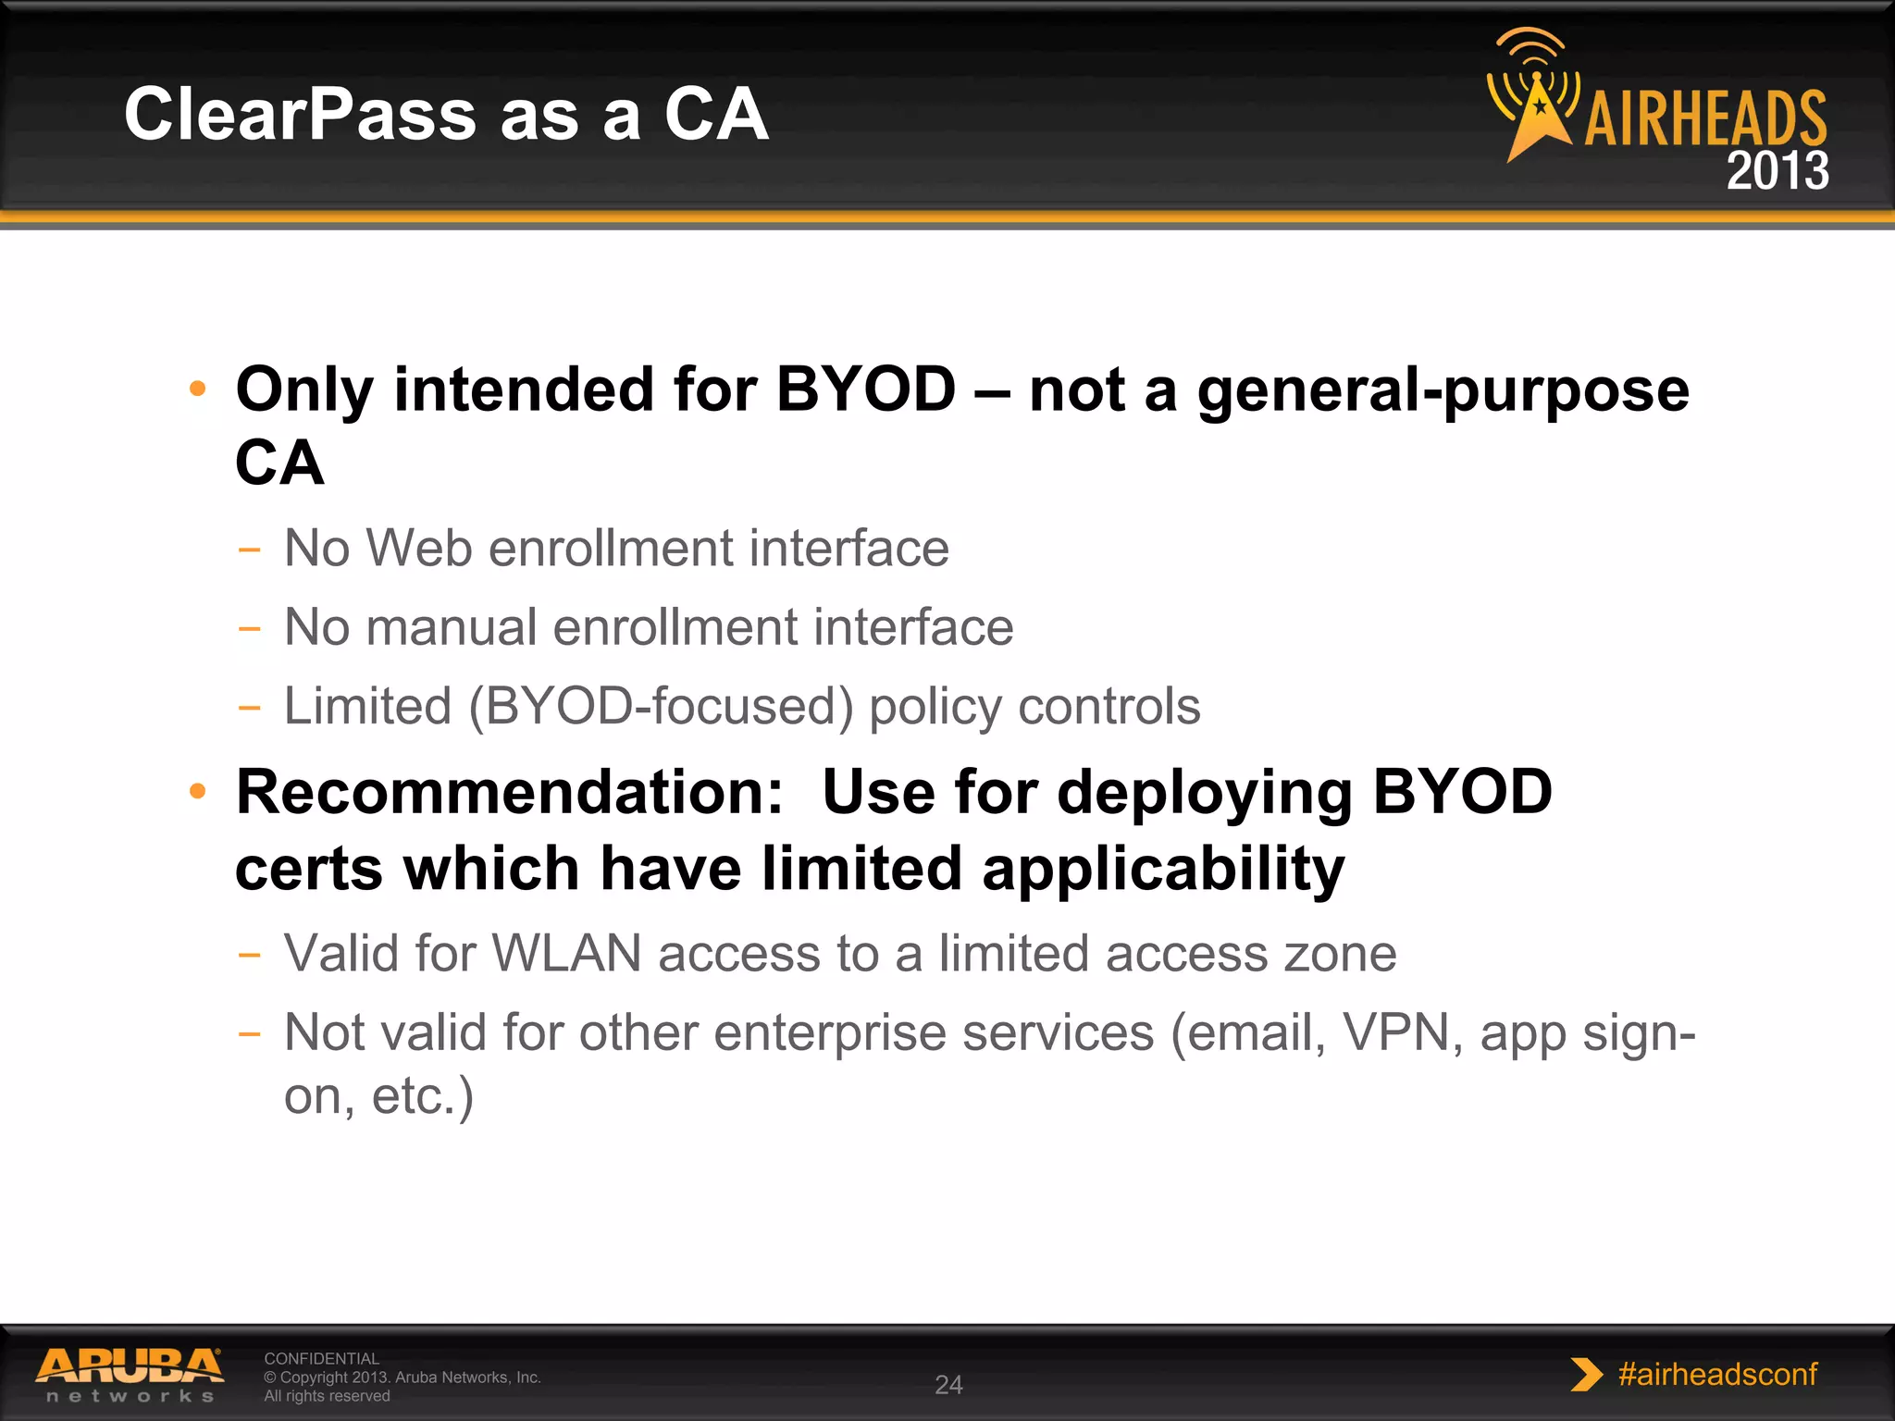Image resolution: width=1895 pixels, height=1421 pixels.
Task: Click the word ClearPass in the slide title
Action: (300, 115)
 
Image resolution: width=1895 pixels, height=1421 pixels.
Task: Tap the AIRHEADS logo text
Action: (1705, 118)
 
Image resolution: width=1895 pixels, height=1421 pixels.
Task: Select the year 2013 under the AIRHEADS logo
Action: (1777, 171)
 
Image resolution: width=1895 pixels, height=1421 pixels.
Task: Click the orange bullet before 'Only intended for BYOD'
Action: (197, 389)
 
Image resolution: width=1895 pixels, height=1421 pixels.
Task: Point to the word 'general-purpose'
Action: (1443, 390)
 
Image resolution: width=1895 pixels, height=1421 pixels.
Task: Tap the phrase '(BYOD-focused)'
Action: (661, 707)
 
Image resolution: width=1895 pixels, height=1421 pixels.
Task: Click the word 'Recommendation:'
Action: (510, 793)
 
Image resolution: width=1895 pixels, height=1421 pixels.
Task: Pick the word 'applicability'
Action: (1163, 870)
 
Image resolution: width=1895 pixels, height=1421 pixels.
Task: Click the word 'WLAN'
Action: (566, 953)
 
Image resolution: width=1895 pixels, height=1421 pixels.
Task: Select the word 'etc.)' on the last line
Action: (423, 1096)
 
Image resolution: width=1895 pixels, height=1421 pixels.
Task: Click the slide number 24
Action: (948, 1385)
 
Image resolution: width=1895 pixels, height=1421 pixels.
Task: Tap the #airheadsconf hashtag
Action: (1717, 1374)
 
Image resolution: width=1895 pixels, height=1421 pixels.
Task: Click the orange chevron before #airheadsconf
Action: (1586, 1375)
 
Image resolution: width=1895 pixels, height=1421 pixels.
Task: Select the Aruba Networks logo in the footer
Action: (130, 1375)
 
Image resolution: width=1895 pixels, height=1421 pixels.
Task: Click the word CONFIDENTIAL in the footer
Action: (321, 1358)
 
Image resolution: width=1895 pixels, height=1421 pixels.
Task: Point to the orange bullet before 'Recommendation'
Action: (197, 792)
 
